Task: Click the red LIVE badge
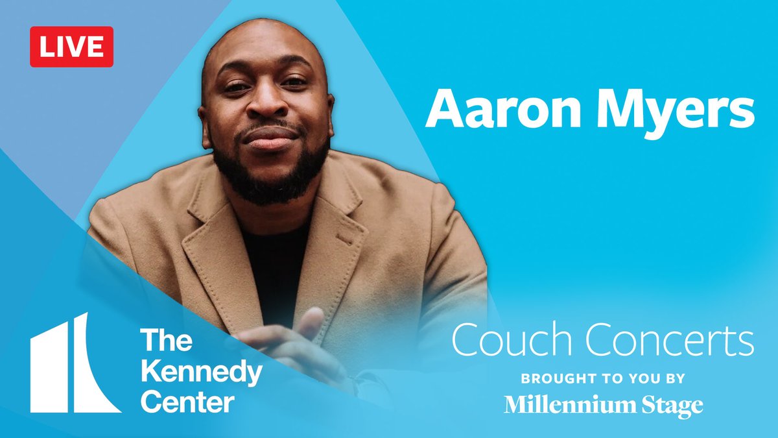click(71, 47)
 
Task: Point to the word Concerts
click(668, 340)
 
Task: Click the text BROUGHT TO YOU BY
click(603, 378)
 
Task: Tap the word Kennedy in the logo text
click(202, 373)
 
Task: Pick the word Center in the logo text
click(187, 402)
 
